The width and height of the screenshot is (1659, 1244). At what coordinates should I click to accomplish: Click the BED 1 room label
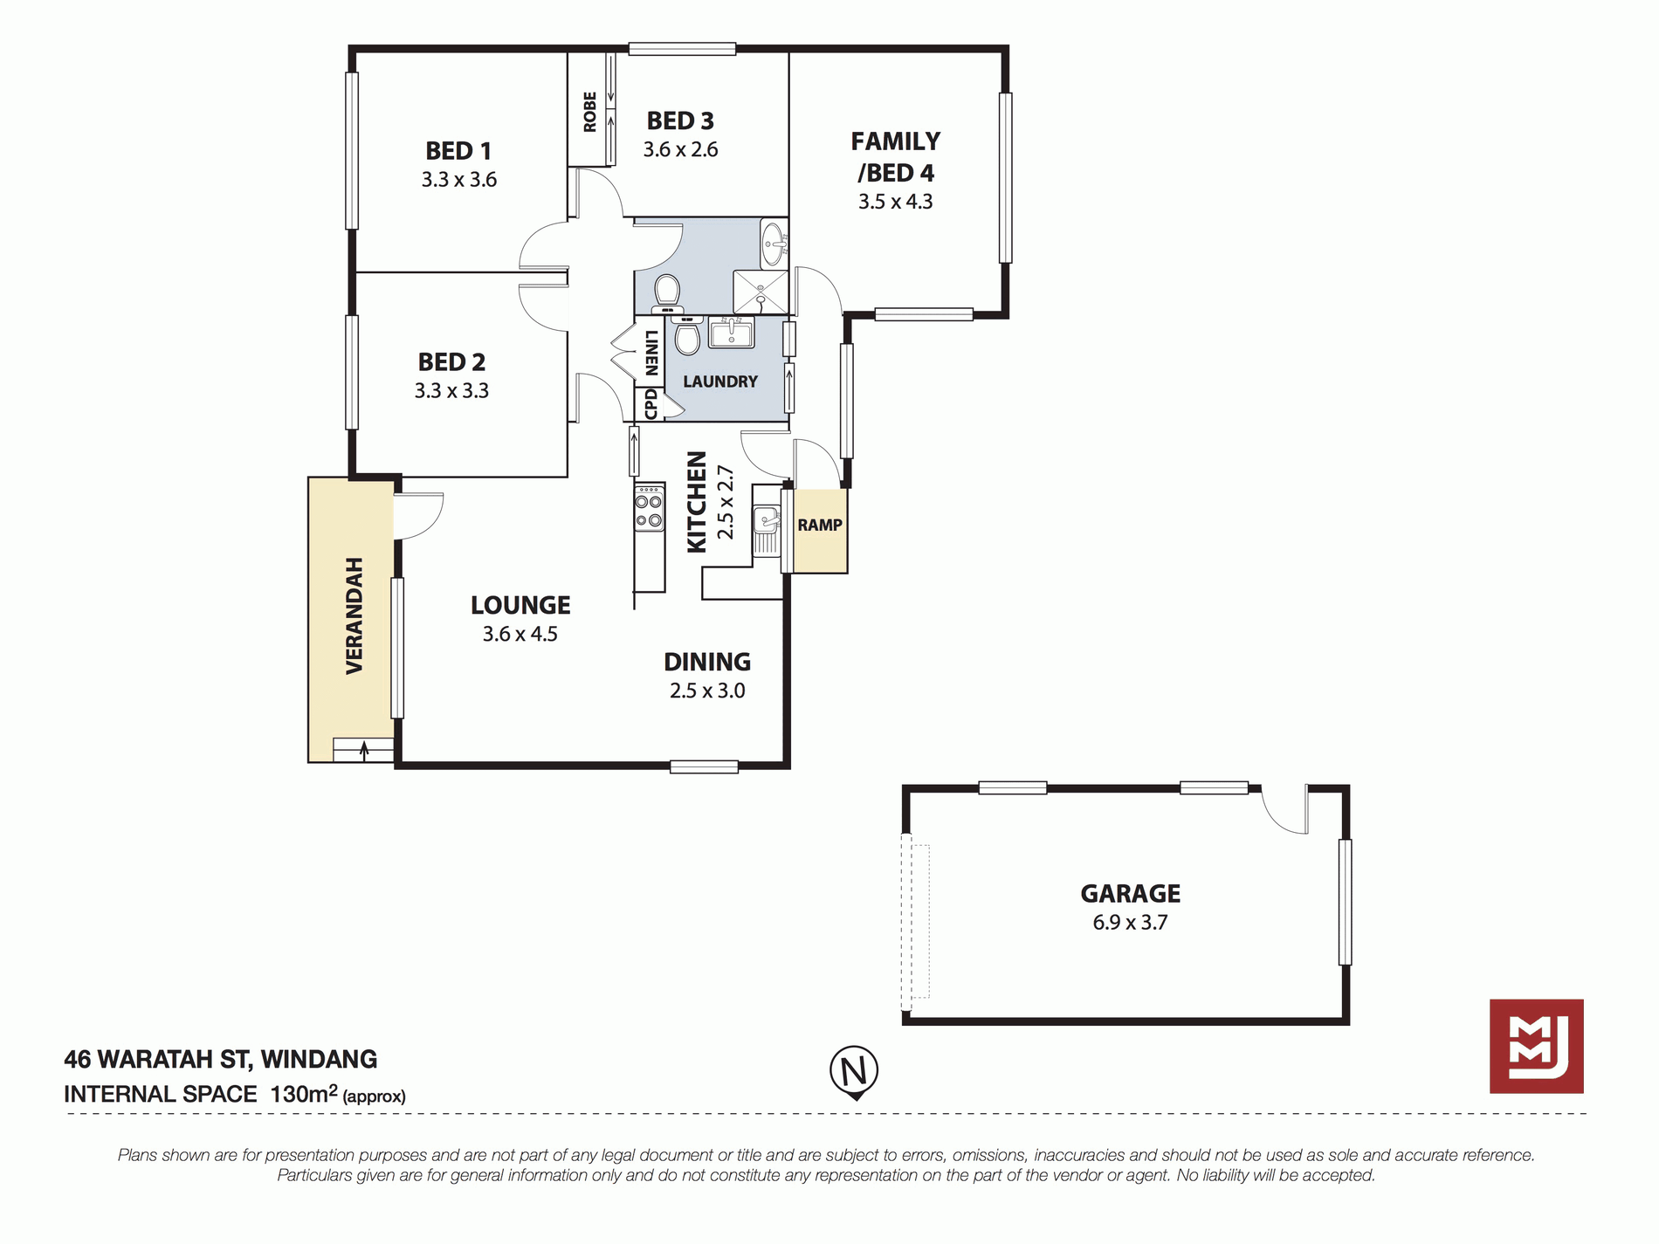[x=458, y=151]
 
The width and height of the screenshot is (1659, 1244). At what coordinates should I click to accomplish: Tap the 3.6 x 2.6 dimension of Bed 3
[x=680, y=149]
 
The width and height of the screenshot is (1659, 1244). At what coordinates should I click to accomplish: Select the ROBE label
[x=590, y=112]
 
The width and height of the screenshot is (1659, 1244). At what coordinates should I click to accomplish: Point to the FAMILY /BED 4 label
[x=896, y=156]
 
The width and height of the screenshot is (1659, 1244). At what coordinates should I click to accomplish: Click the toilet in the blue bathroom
[x=668, y=292]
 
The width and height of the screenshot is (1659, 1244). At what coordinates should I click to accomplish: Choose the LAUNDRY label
[x=720, y=381]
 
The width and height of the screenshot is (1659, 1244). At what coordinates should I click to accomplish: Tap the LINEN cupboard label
[x=651, y=353]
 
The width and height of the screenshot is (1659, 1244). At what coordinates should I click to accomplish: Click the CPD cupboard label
[x=651, y=405]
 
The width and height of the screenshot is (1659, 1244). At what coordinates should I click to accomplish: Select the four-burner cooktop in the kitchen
[x=649, y=508]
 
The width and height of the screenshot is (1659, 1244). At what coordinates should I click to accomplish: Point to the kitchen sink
[x=767, y=530]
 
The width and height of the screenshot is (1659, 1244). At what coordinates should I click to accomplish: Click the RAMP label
[x=820, y=525]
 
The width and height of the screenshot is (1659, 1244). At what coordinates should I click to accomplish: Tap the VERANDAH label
[x=354, y=615]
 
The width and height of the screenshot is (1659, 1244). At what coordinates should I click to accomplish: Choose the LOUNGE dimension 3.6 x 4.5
[x=520, y=634]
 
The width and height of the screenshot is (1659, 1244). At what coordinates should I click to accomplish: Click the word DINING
[x=707, y=662]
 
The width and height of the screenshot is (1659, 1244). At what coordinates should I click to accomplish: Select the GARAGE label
[x=1130, y=893]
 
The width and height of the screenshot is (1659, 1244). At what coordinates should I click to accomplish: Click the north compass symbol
[x=854, y=1072]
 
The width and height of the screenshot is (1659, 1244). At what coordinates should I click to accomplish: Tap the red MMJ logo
[x=1536, y=1046]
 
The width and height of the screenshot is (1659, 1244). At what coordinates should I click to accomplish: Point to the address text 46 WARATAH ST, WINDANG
[x=220, y=1059]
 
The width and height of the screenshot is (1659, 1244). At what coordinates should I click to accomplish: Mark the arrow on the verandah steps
[x=364, y=749]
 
